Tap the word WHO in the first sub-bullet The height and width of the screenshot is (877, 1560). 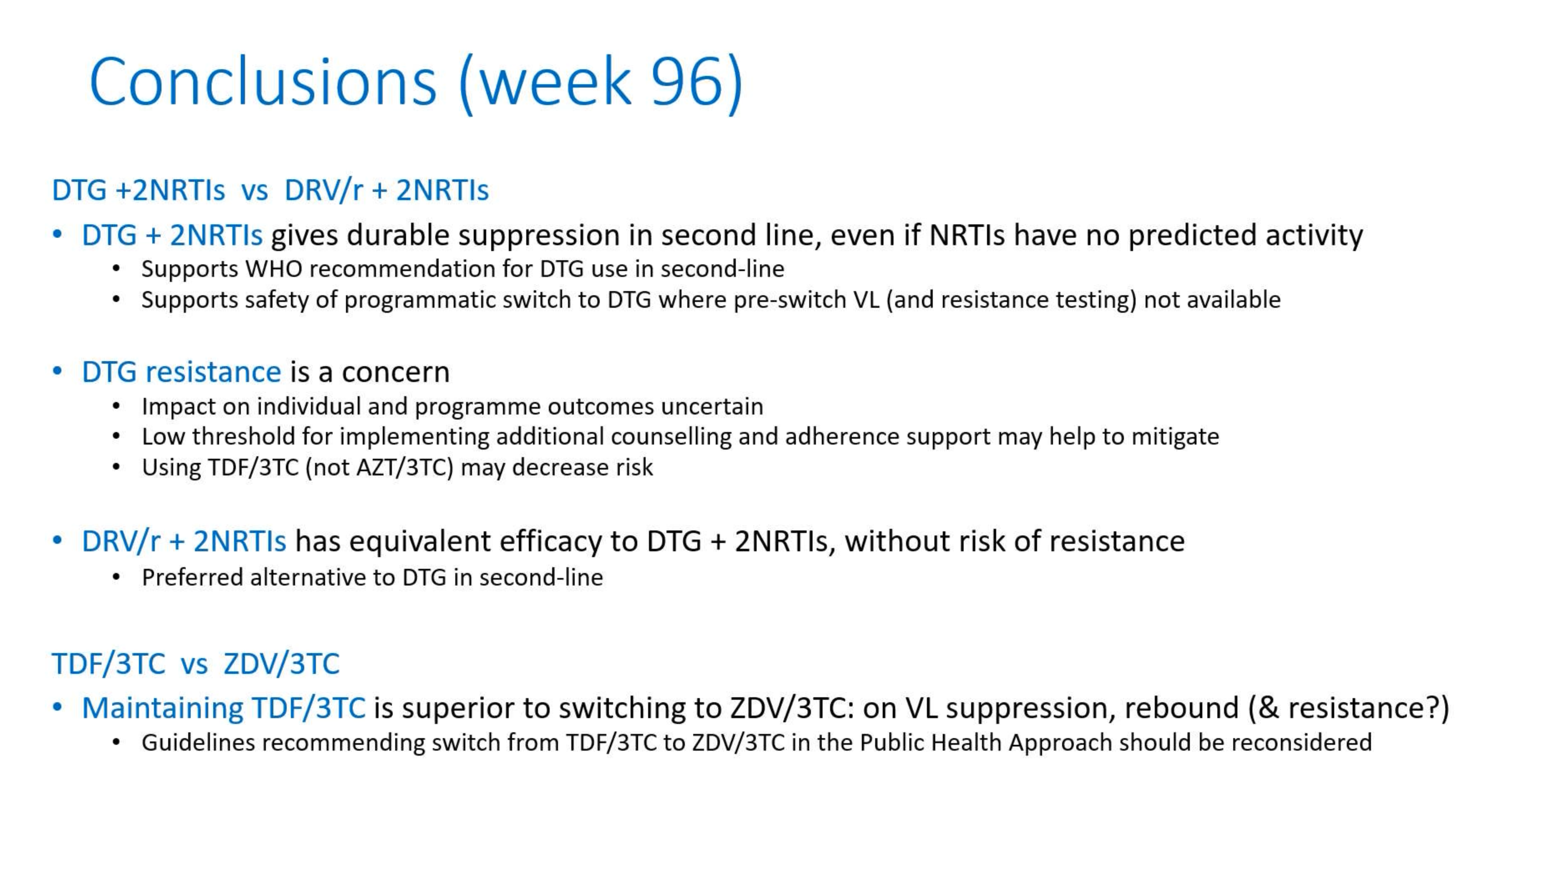pos(274,269)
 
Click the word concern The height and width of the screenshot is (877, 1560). pos(396,372)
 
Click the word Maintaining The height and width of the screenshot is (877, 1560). pos(162,708)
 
